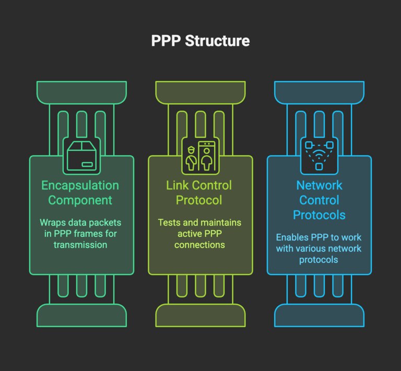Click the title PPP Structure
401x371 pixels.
[200, 41]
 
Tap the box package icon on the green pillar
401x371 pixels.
[81, 155]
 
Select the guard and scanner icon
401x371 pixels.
[200, 155]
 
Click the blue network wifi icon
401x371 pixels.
[319, 155]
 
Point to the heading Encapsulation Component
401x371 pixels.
[80, 193]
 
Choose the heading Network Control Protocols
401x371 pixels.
[319, 200]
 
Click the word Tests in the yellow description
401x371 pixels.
[170, 222]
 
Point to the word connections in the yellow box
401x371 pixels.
[200, 245]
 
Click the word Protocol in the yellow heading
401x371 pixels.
[199, 200]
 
